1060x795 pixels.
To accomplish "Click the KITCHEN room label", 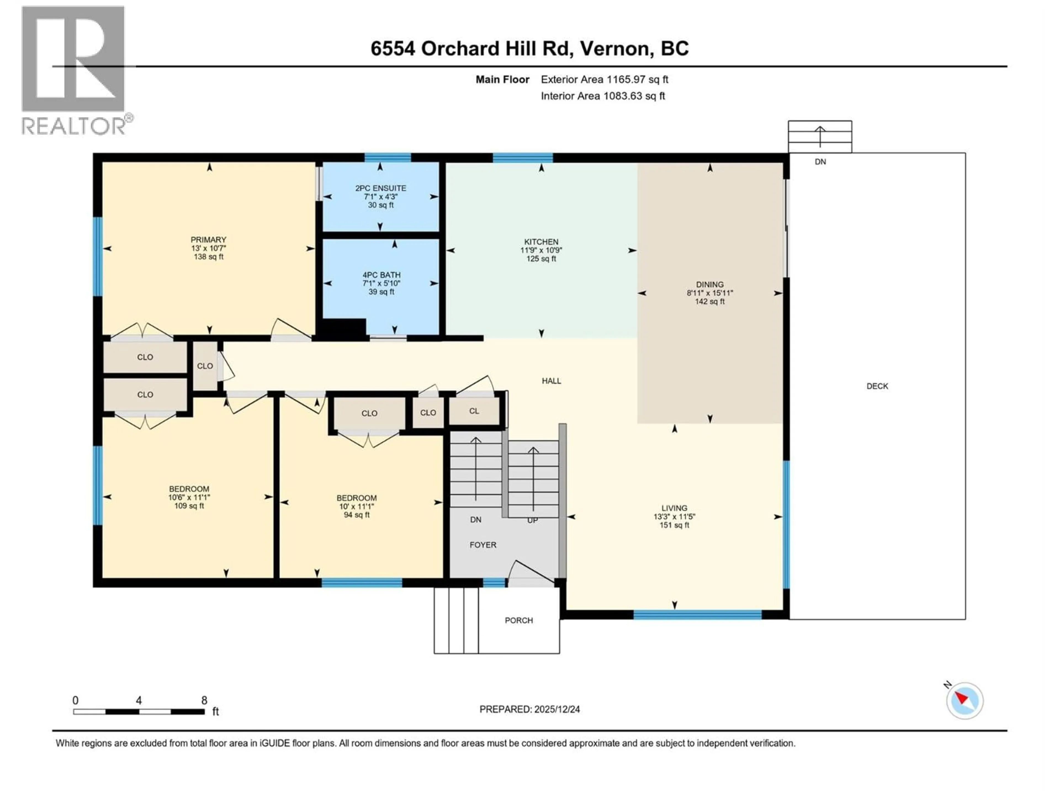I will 541,242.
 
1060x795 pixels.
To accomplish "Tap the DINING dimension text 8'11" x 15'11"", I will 710,293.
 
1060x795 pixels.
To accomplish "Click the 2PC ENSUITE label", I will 380,188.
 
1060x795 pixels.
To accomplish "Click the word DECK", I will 877,386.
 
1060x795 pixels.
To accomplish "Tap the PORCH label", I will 518,621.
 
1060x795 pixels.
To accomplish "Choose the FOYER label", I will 483,545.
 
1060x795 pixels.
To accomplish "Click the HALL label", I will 551,381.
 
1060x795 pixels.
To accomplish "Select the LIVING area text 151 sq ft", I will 674,525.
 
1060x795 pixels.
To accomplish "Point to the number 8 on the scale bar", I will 204,701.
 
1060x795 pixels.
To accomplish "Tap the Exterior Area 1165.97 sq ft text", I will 604,79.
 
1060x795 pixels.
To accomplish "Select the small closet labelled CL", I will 474,411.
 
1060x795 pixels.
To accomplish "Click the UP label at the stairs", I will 532,520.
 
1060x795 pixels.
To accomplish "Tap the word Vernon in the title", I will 616,48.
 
